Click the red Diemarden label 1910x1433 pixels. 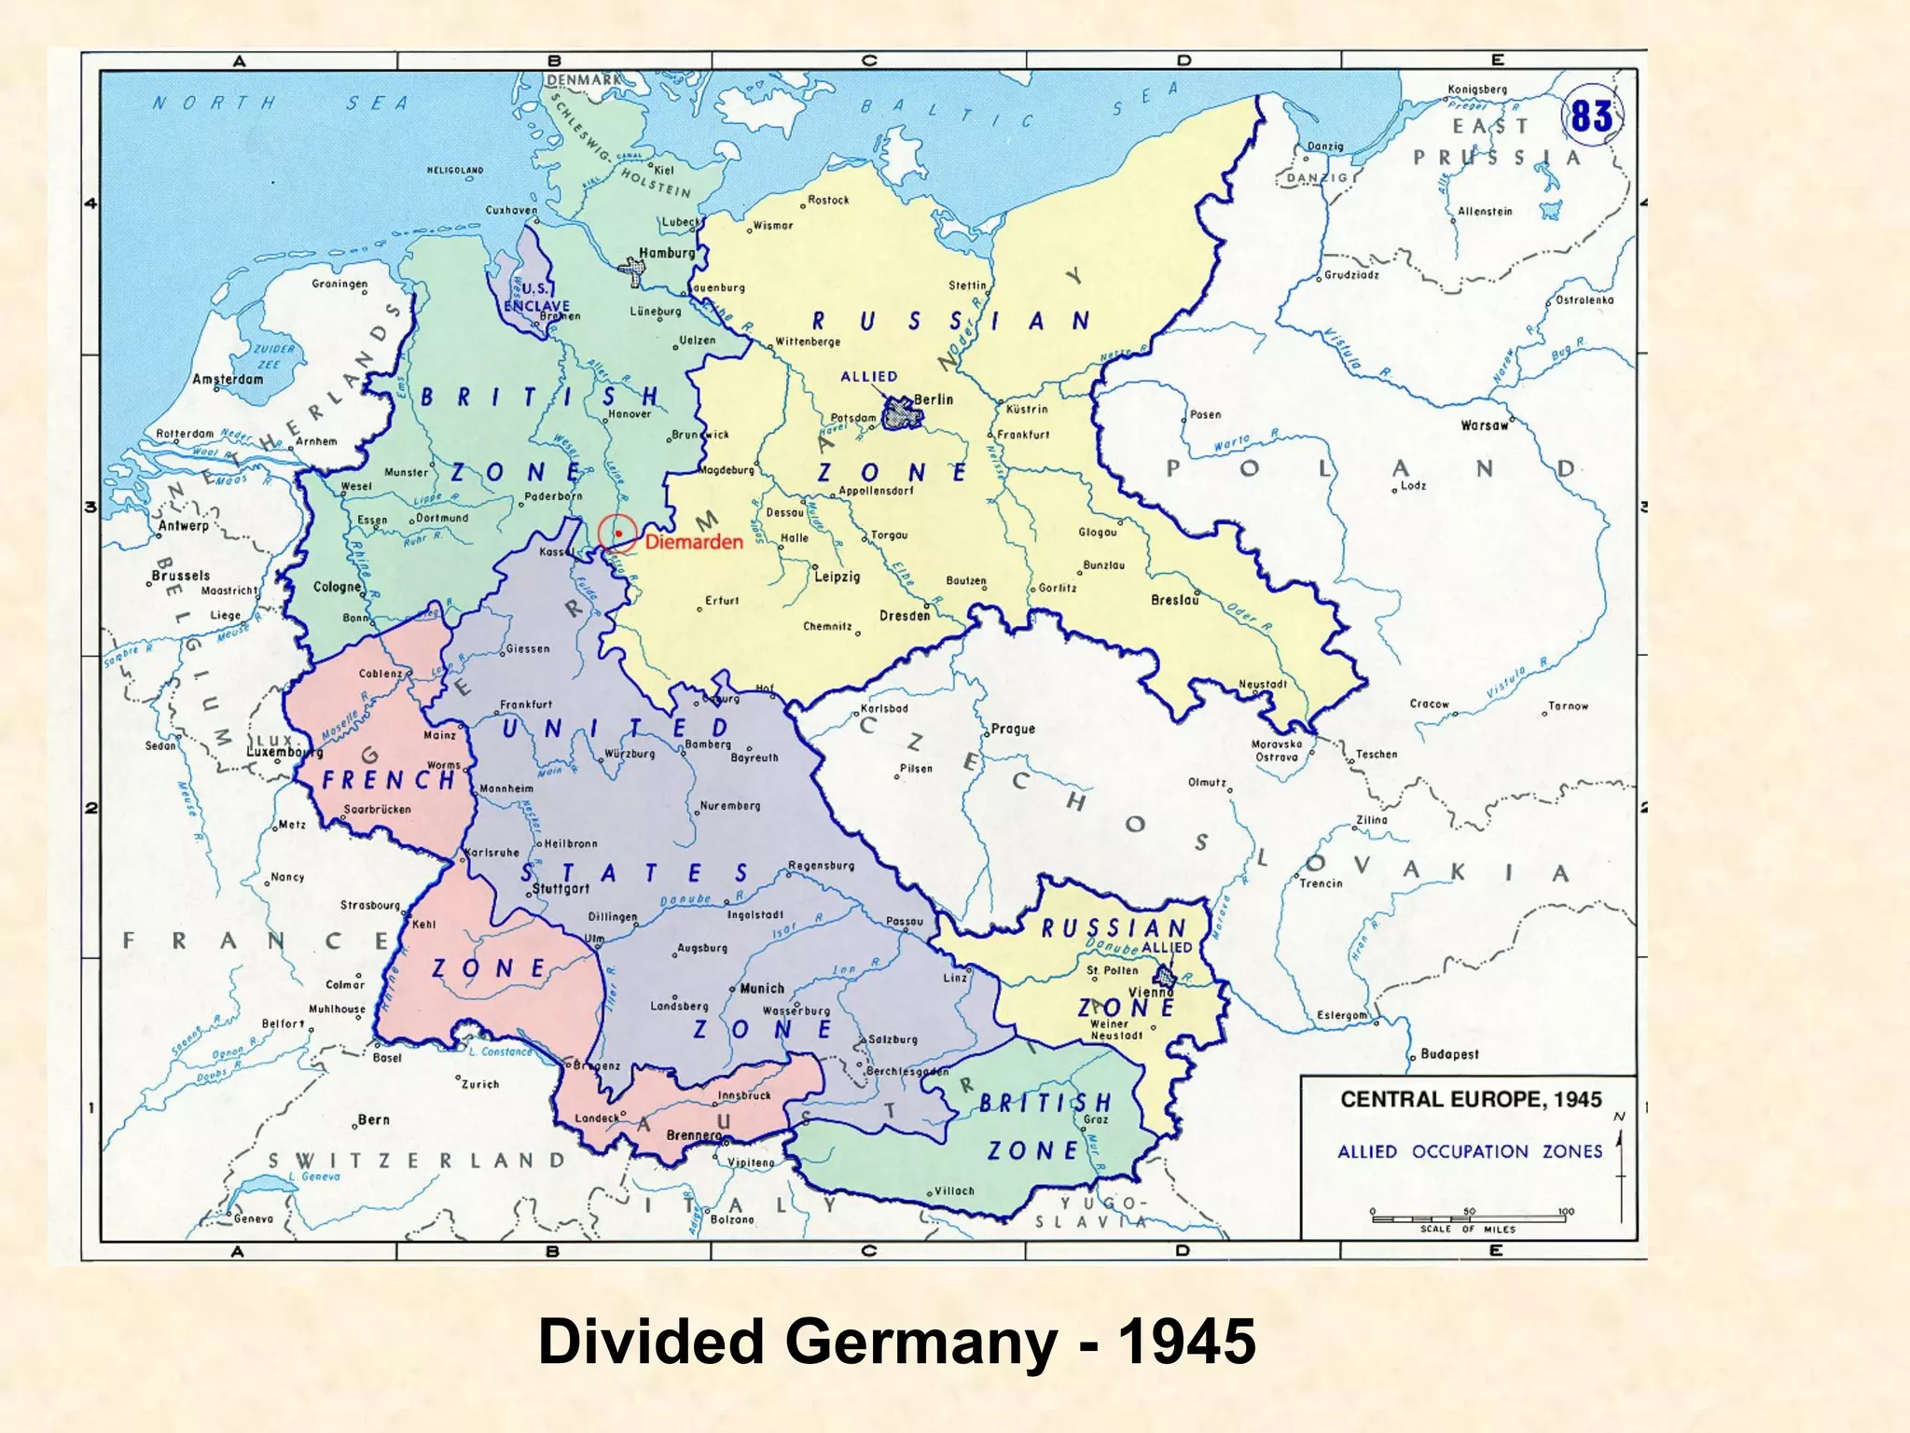[x=694, y=542]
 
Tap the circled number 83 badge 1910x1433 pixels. [x=1591, y=118]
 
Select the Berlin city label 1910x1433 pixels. [x=934, y=399]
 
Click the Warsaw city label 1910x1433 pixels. [x=1484, y=425]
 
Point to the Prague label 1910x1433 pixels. [x=1013, y=729]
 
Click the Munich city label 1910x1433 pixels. [x=762, y=988]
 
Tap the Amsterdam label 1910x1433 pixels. [x=228, y=379]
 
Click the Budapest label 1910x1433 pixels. [x=1449, y=1054]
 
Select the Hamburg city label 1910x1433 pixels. [x=667, y=253]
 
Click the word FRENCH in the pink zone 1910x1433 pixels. [x=388, y=780]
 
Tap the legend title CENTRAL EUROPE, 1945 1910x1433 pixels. [x=1471, y=1099]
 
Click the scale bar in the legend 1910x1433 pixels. [x=1469, y=1219]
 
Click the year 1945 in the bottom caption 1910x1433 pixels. [x=1186, y=1342]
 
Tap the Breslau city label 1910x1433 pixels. [x=1174, y=600]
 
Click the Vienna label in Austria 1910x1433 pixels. [x=1150, y=993]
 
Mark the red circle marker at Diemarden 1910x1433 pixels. [x=617, y=533]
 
